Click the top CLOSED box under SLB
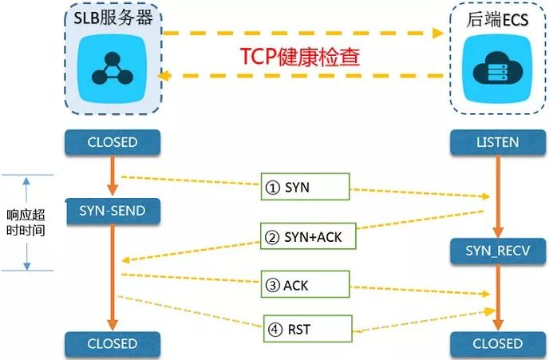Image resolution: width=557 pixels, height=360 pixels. (113, 143)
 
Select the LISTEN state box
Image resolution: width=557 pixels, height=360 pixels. (496, 143)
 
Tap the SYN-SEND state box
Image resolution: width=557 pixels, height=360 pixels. (113, 211)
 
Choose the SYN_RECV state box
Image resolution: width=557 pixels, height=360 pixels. (496, 251)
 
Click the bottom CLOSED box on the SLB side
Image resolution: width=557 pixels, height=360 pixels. (113, 344)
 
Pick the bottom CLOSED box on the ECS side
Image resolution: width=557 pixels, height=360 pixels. (496, 344)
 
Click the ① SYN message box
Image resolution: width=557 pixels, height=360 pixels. (306, 188)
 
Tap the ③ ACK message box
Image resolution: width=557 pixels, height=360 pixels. (306, 285)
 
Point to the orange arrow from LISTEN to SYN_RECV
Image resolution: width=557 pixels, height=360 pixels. (496, 196)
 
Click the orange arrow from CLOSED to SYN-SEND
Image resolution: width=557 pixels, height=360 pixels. (113, 176)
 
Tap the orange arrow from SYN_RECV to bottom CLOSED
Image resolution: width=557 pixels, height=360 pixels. (496, 297)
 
